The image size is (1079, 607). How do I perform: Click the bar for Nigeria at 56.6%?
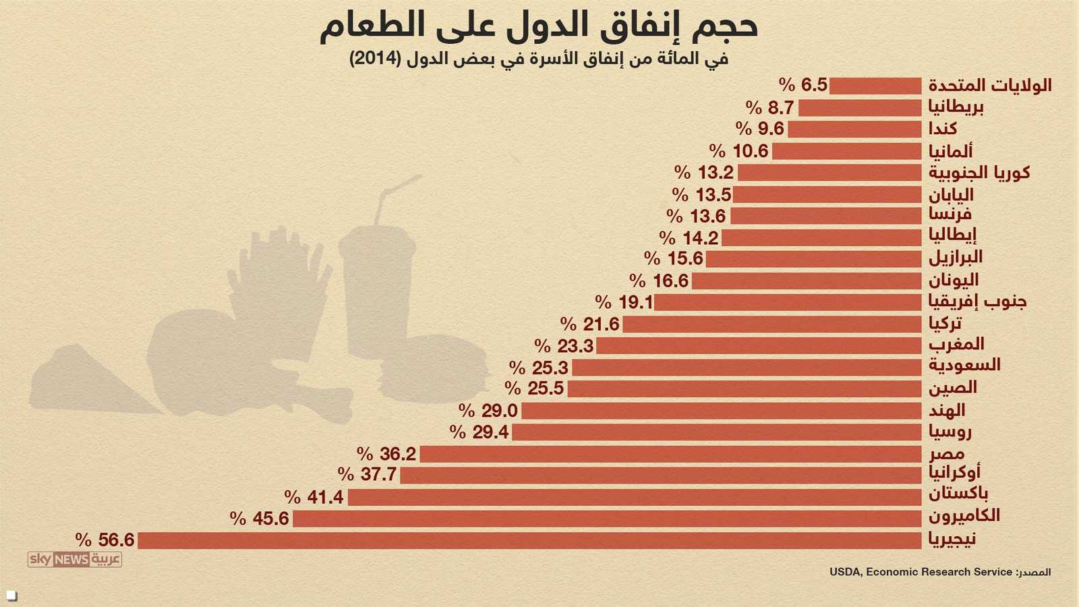(x=529, y=540)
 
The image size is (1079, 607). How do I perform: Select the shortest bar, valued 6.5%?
(x=875, y=86)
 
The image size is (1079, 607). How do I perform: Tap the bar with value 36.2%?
(x=670, y=454)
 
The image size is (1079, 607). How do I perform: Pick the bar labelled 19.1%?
(x=788, y=302)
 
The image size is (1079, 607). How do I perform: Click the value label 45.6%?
(x=260, y=519)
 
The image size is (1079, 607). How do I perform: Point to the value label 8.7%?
(x=770, y=108)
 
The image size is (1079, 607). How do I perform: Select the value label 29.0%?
(x=488, y=411)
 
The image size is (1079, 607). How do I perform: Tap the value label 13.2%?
(x=704, y=173)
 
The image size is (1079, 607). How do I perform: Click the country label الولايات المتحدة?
(x=990, y=86)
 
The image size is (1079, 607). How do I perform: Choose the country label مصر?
(x=947, y=454)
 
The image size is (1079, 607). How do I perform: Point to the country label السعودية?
(x=964, y=366)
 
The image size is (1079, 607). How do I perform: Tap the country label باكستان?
(x=958, y=494)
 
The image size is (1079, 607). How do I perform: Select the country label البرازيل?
(x=956, y=258)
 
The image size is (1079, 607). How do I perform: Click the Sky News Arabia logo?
(x=74, y=559)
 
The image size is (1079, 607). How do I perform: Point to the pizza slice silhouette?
(x=88, y=381)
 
